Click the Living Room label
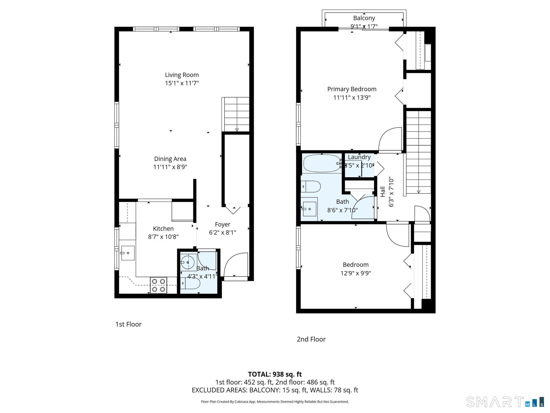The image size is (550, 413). (x=182, y=75)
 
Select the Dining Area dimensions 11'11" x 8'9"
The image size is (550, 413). (x=170, y=167)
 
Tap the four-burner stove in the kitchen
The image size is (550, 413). (x=158, y=285)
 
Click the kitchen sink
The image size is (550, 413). (x=128, y=253)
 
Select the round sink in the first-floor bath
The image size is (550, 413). (x=187, y=262)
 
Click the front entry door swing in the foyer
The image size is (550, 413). (x=235, y=265)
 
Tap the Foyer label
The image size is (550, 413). (x=223, y=224)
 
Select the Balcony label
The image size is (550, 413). (x=364, y=18)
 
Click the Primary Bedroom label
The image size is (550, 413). (x=352, y=89)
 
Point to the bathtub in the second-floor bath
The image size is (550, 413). (x=321, y=163)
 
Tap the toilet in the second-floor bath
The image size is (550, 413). (x=311, y=186)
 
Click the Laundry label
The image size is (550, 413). (x=359, y=157)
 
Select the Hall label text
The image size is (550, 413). (x=383, y=192)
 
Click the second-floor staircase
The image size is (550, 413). (x=418, y=152)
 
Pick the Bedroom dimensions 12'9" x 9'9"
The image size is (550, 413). (x=356, y=273)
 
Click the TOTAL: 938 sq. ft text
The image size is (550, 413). (x=275, y=374)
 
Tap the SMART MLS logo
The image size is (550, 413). (x=505, y=402)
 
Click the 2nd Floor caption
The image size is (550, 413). (x=311, y=339)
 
